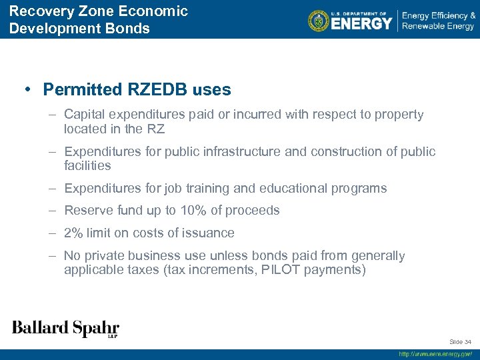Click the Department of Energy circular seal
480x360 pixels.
319,21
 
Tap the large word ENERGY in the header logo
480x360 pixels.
361,23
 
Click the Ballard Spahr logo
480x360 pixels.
65,328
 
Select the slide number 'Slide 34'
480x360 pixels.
460,342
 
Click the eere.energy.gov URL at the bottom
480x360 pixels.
435,355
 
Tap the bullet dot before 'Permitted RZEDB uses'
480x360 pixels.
29,89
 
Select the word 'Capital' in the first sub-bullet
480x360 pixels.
85,115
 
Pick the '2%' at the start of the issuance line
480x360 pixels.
73,233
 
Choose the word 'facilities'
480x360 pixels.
87,165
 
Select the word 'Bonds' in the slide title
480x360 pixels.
130,29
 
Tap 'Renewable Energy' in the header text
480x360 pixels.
438,27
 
